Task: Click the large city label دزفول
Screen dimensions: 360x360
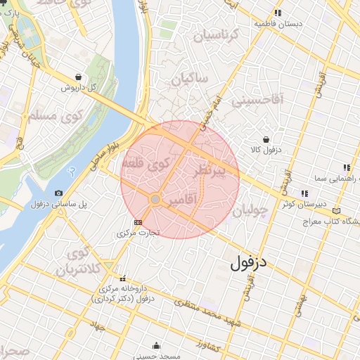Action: coord(250,264)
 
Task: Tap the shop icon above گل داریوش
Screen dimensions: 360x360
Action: coord(77,77)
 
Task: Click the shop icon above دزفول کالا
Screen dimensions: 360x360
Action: coord(266,139)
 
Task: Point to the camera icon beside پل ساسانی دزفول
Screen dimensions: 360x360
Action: coord(58,193)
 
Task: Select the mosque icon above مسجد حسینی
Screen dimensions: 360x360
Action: coord(156,346)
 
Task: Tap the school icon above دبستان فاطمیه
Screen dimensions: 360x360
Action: coord(278,13)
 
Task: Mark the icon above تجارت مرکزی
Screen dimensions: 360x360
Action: coord(137,222)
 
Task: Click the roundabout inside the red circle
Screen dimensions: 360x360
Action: coord(155,200)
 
